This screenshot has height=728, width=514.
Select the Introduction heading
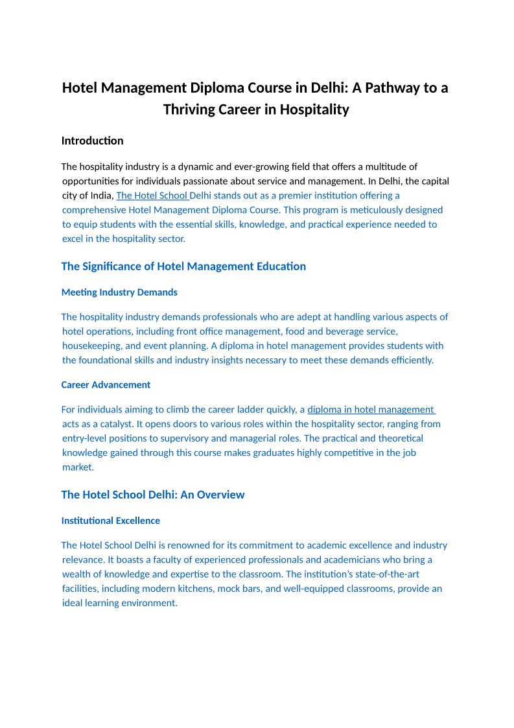[x=92, y=141]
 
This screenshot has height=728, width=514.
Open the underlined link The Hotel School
[x=152, y=195]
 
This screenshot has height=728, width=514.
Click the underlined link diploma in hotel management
[x=371, y=410]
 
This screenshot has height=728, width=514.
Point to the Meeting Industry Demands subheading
[x=119, y=292]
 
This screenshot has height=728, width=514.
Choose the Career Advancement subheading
[x=106, y=385]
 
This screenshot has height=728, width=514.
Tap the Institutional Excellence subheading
[x=110, y=521]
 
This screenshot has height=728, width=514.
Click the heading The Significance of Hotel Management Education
[x=183, y=266]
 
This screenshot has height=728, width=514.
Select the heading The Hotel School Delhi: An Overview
[x=153, y=495]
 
